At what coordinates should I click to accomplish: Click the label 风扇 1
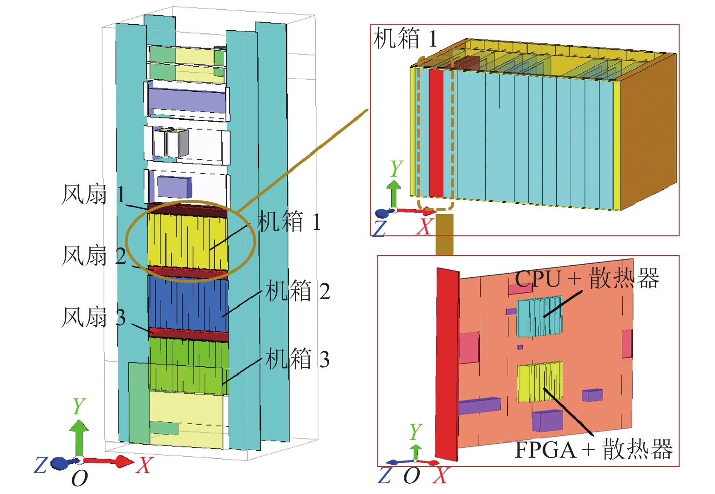pyautogui.click(x=93, y=195)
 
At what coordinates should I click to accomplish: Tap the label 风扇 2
pyautogui.click(x=93, y=256)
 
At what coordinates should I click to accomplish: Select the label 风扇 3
pyautogui.click(x=93, y=317)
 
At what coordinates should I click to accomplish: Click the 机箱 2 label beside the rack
pyautogui.click(x=297, y=291)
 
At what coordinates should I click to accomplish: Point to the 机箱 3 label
pyautogui.click(x=297, y=359)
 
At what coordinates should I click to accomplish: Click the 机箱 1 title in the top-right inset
pyautogui.click(x=405, y=38)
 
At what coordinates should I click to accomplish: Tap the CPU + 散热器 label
pyautogui.click(x=587, y=279)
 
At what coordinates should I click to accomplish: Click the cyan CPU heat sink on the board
pyautogui.click(x=539, y=317)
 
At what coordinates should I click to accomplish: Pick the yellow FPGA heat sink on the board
pyautogui.click(x=539, y=382)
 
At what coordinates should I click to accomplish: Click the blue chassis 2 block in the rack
pyautogui.click(x=188, y=303)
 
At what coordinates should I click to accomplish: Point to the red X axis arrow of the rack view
pyautogui.click(x=112, y=461)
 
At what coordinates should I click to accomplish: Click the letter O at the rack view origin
pyautogui.click(x=79, y=478)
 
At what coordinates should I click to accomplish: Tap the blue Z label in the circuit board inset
pyautogui.click(x=385, y=476)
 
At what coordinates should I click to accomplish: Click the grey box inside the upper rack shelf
pyautogui.click(x=177, y=144)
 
